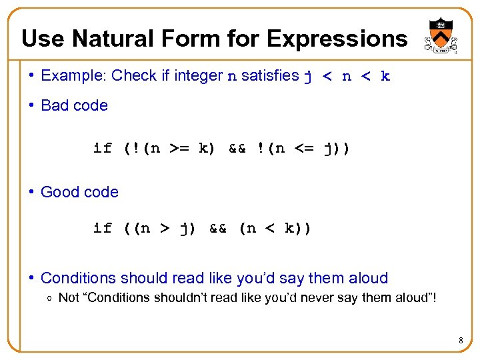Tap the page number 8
point(461,342)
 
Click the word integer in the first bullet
point(198,75)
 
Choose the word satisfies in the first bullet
point(270,75)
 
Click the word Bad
point(54,105)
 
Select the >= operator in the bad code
point(181,148)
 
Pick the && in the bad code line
point(238,148)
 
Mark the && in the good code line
point(219,229)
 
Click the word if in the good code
point(103,229)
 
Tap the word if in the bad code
point(103,148)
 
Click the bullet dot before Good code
point(32,192)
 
